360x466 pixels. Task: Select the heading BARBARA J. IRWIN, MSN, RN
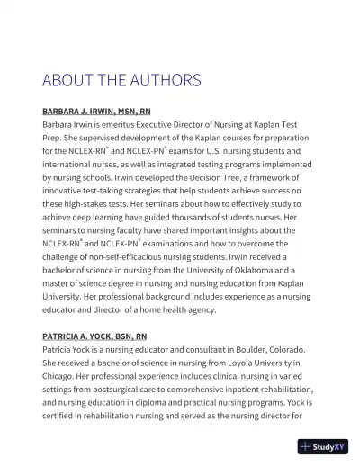[x=95, y=112]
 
